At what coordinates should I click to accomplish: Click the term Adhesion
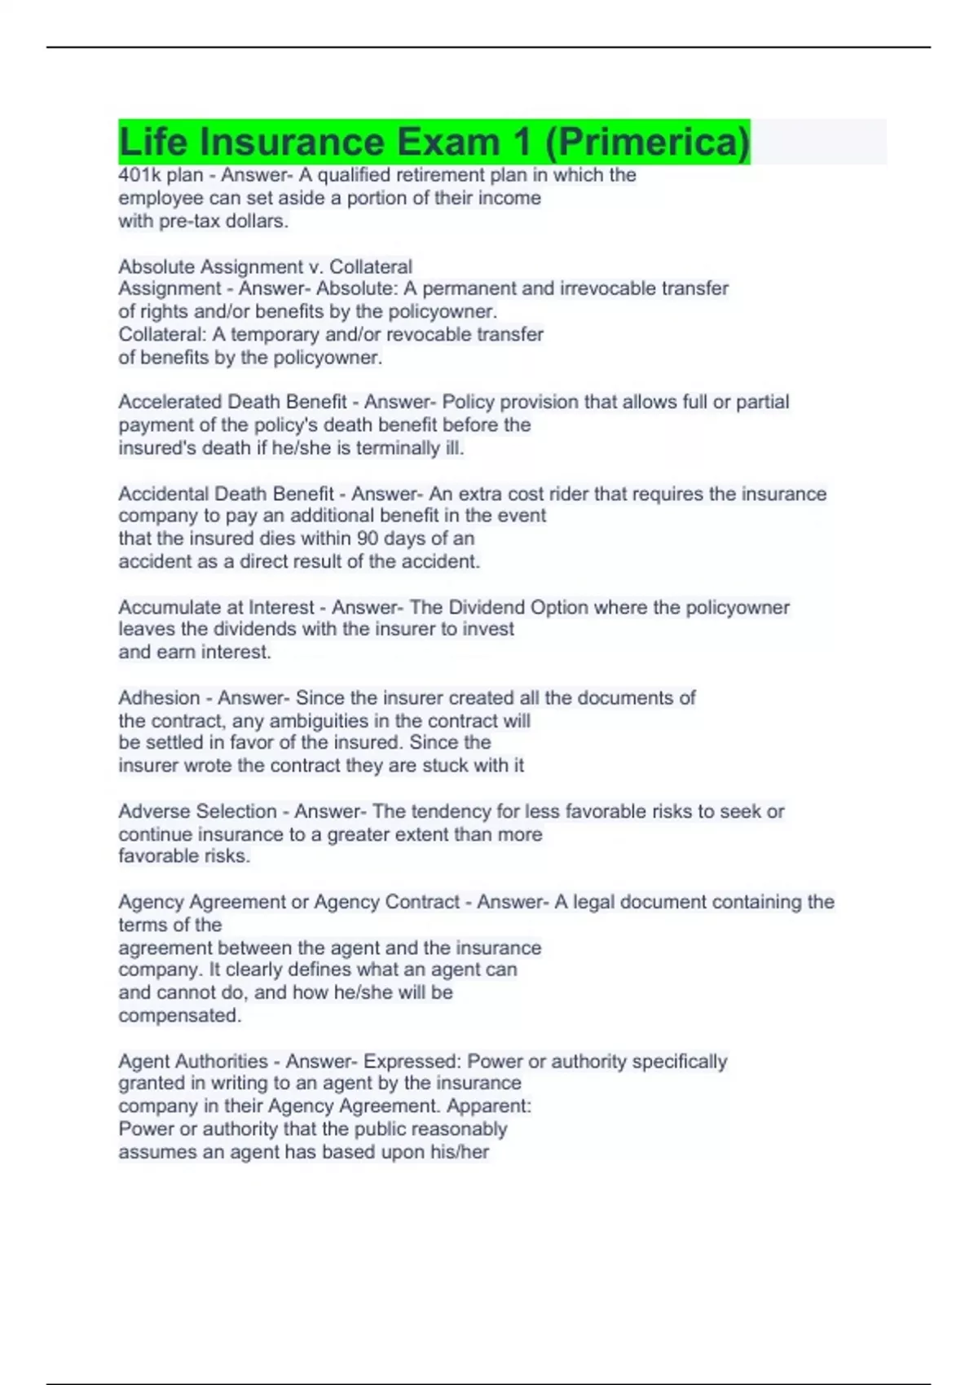159,698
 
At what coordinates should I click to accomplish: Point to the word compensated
180,1015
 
